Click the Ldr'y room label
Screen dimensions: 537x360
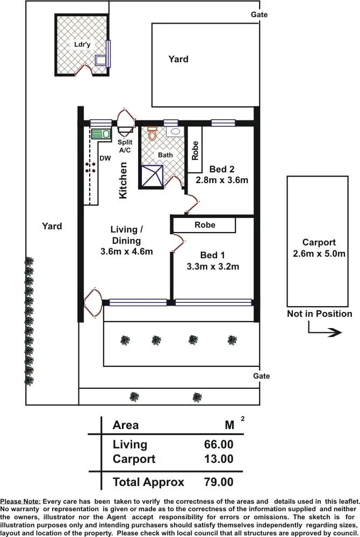pyautogui.click(x=81, y=44)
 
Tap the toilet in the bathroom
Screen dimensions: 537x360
pyautogui.click(x=152, y=133)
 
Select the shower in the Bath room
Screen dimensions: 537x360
pyautogui.click(x=152, y=175)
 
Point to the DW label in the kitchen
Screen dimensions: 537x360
pyautogui.click(x=105, y=158)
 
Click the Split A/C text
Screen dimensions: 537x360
pyautogui.click(x=125, y=146)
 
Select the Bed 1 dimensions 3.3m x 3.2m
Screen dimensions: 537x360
pyautogui.click(x=213, y=266)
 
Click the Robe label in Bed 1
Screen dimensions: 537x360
pyautogui.click(x=205, y=224)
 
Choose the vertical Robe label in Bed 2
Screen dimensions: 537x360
pyautogui.click(x=195, y=150)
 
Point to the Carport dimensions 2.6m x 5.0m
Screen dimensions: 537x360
pyautogui.click(x=319, y=253)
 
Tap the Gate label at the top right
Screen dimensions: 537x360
pyautogui.click(x=259, y=14)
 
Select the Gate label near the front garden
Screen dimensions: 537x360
pyautogui.click(x=261, y=376)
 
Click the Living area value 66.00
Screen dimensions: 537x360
pyautogui.click(x=219, y=444)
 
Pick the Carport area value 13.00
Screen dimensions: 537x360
pyautogui.click(x=219, y=459)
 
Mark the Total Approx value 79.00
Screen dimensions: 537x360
pyautogui.click(x=219, y=482)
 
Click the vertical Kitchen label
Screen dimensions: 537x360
pyautogui.click(x=123, y=180)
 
